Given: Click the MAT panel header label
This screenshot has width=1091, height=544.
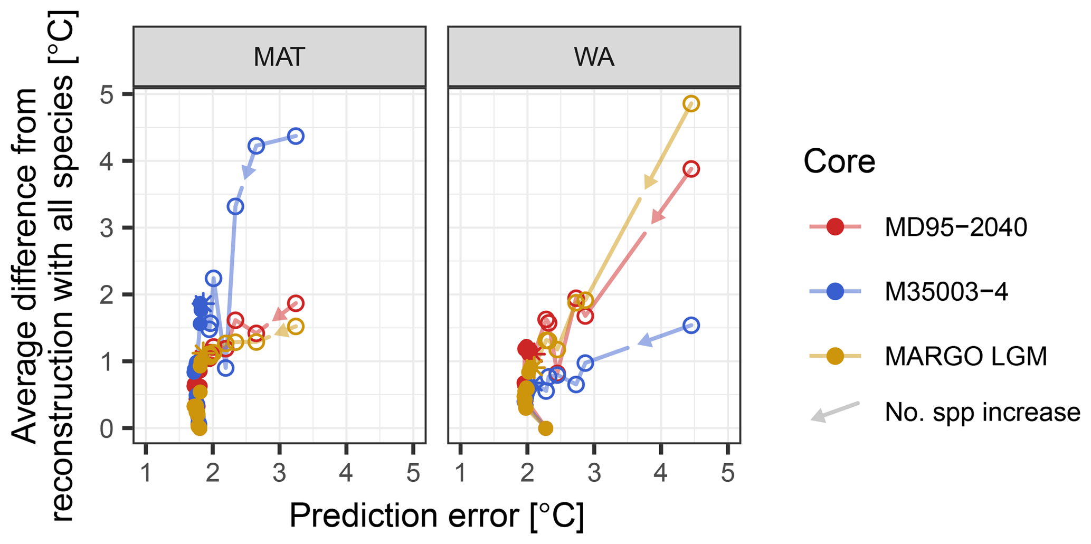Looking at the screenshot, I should point(279,57).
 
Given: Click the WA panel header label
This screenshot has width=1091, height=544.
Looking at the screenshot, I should point(594,57).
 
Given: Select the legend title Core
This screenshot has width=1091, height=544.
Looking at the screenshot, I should point(839,161).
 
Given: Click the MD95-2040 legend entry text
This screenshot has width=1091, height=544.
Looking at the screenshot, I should point(956,227).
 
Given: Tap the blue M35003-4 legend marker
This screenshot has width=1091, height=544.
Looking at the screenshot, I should point(835,292).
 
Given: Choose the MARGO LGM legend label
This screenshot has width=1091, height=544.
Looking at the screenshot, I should point(965,357).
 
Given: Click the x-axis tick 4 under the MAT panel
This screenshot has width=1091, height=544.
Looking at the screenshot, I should point(346,473).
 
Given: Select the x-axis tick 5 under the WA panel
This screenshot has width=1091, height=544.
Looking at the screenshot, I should point(727,473).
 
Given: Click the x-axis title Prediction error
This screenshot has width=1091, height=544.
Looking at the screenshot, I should point(437,516).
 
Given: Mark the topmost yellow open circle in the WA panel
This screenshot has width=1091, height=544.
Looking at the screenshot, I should point(691,104).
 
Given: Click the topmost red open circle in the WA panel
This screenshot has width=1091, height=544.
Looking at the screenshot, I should point(691,169).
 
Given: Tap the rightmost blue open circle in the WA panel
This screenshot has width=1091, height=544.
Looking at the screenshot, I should point(691,326).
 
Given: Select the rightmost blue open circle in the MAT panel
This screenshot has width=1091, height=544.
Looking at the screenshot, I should point(296,136).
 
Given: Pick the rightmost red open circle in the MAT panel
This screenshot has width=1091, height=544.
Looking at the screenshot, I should point(296,303).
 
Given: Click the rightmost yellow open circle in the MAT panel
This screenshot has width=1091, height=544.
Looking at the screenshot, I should point(296,327).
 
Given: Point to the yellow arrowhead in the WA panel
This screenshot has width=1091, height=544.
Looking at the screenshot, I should point(650,183).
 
